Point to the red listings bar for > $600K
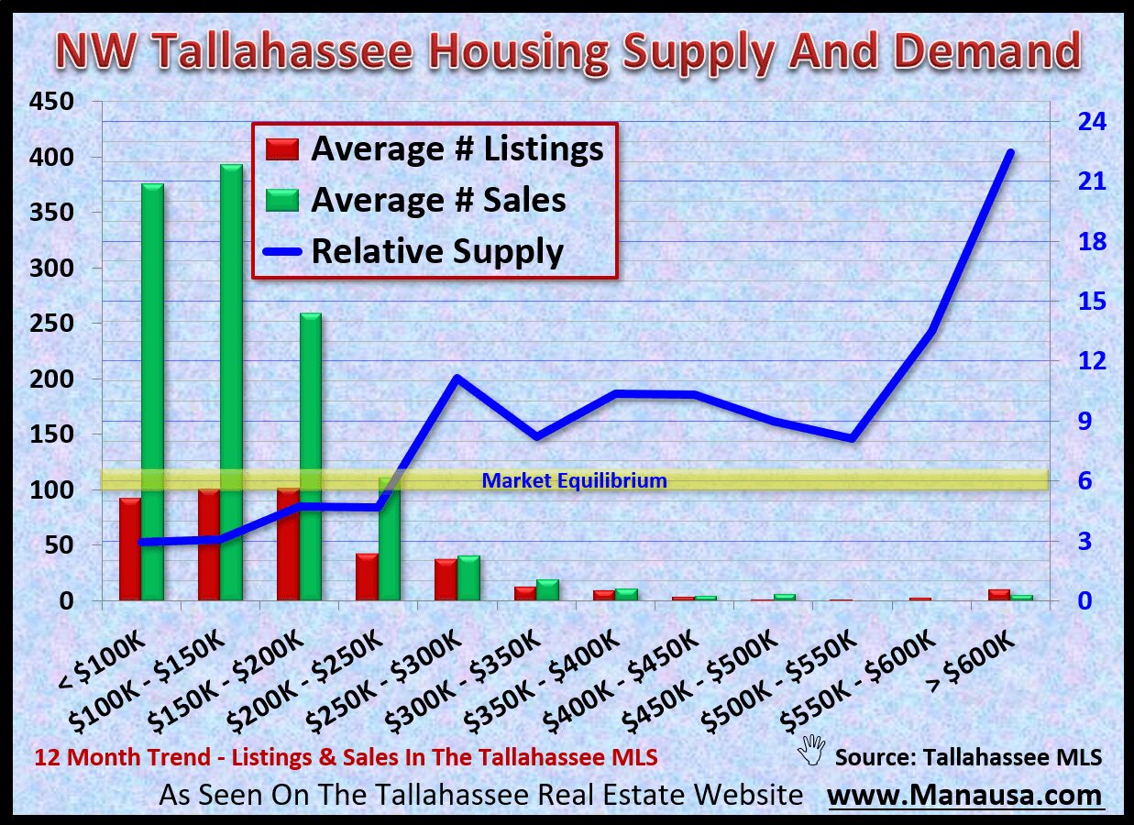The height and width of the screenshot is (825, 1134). coord(998,595)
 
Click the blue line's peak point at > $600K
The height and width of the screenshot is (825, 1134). coord(1010,153)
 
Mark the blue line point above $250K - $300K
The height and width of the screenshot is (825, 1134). coord(457,378)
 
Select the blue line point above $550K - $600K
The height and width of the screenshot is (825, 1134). coord(931,331)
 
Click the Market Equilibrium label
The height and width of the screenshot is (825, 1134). coord(574,480)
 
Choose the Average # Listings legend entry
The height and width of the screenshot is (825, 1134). coord(431,148)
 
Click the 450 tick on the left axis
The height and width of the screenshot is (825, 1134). coord(52,102)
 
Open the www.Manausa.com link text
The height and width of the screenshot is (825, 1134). coord(965,795)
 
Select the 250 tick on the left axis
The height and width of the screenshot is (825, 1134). coord(52,324)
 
